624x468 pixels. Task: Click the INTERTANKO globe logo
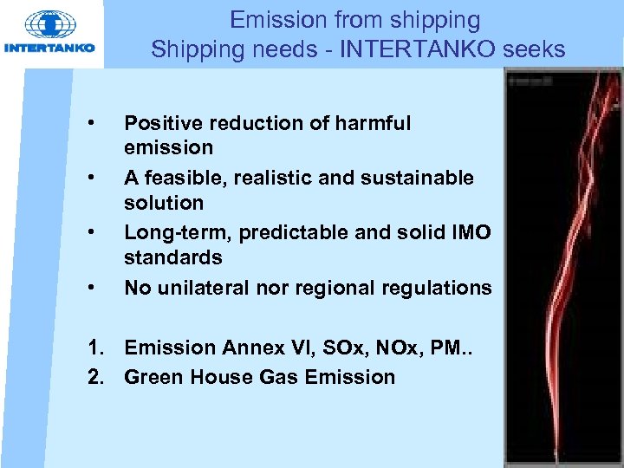pyautogui.click(x=50, y=24)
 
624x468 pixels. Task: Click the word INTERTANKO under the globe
pyautogui.click(x=50, y=48)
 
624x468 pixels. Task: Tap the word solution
pyautogui.click(x=164, y=203)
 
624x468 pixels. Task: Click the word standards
pyautogui.click(x=173, y=257)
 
